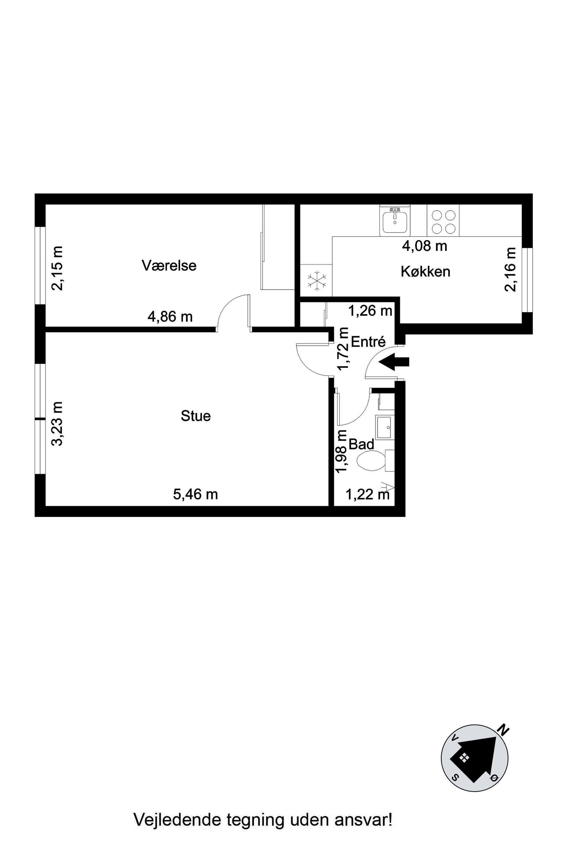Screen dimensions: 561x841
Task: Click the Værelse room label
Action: click(x=169, y=266)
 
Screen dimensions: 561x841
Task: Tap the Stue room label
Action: click(x=196, y=416)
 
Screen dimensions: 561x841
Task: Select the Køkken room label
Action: click(x=425, y=272)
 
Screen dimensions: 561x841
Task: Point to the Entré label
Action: click(x=368, y=342)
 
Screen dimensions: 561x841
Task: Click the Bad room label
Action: click(x=361, y=445)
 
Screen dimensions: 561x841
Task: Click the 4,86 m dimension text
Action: click(x=170, y=317)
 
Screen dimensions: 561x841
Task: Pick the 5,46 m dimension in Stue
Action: click(x=195, y=495)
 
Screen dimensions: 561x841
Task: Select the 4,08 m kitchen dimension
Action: click(x=425, y=246)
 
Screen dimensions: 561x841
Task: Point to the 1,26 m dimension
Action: click(x=370, y=311)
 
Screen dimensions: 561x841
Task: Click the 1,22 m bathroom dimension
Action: click(x=367, y=495)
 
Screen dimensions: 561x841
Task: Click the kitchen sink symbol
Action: click(x=395, y=221)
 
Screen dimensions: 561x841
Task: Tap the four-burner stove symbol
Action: click(x=443, y=221)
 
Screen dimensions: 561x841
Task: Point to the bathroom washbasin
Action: click(x=385, y=428)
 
